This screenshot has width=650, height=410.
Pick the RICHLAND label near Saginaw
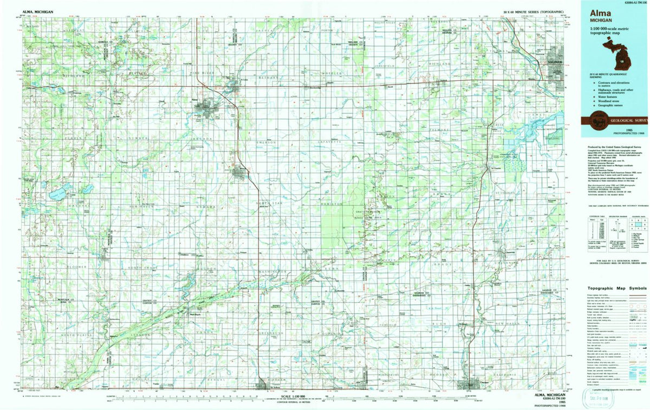pyautogui.click(x=440, y=64)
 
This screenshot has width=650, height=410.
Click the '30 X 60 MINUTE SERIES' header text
pyautogui.click(x=534, y=11)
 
